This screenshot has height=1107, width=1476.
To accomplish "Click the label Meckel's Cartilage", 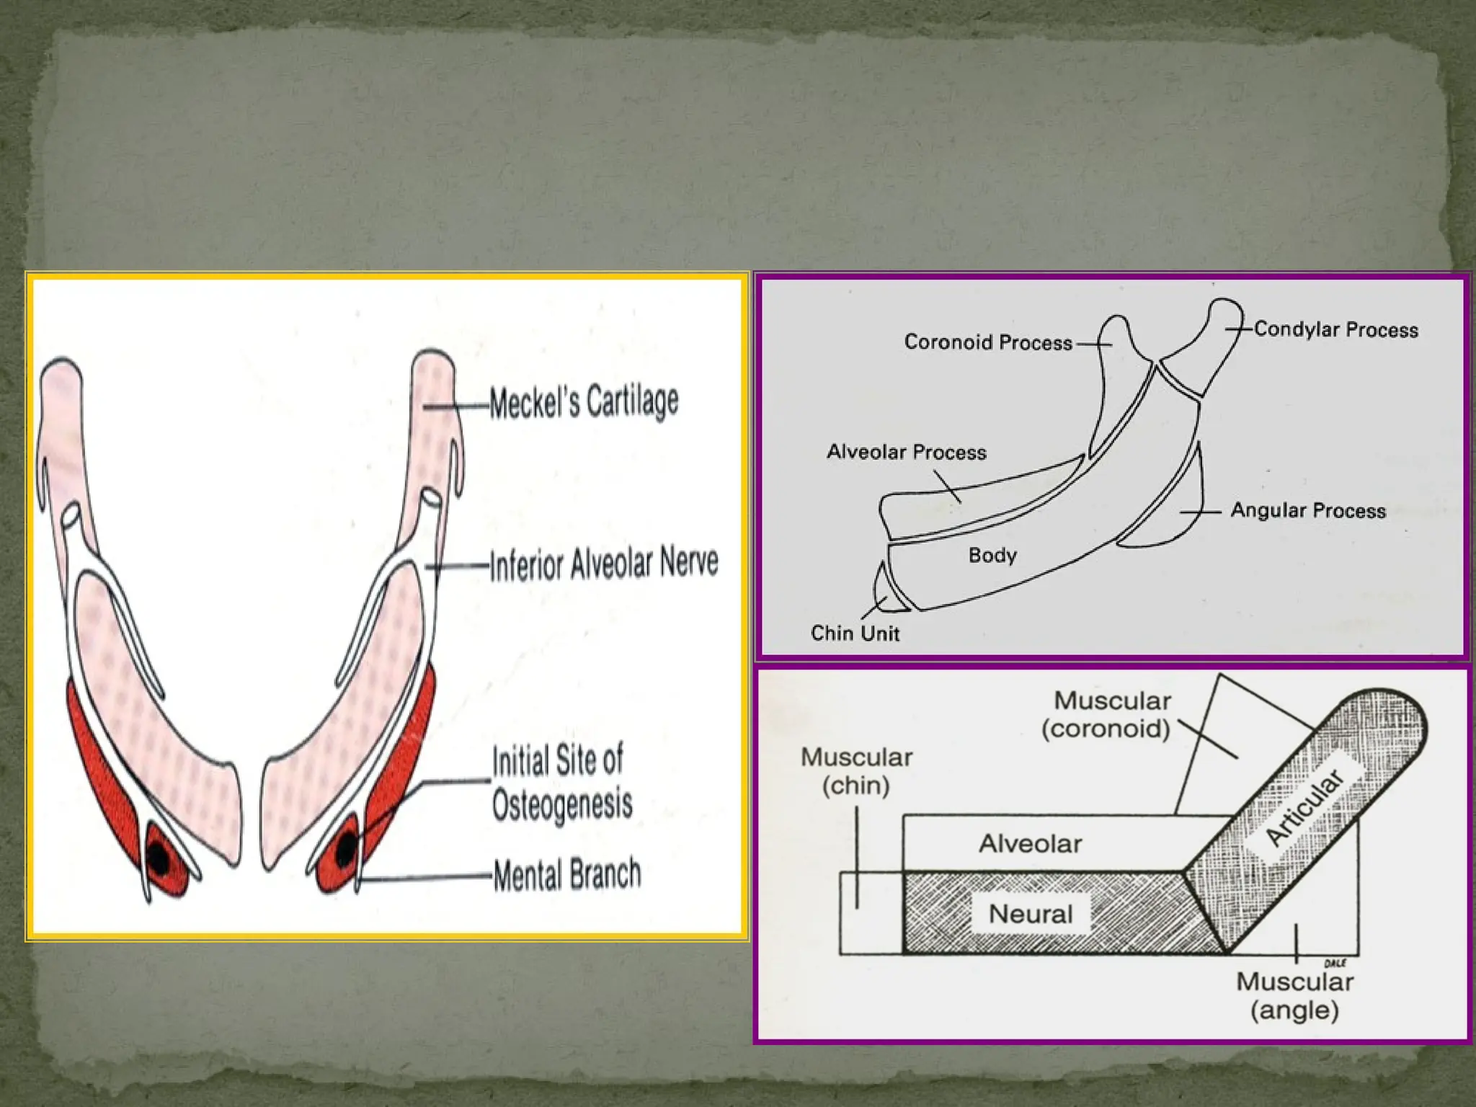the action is click(584, 401).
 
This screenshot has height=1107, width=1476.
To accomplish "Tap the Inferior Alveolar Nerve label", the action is click(604, 564).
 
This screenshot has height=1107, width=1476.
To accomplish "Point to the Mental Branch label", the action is click(567, 874).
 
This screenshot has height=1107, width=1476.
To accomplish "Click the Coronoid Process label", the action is click(987, 342).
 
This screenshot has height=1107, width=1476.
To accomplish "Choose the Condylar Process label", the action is click(1335, 329).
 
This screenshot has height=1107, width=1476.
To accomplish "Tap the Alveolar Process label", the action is click(906, 452).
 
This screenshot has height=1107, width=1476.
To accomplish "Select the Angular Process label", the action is click(1307, 510).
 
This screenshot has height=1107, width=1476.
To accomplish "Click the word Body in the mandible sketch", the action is click(992, 555).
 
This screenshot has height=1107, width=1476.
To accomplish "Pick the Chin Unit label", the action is click(855, 633).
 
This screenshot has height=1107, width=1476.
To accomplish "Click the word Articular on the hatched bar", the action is click(1305, 807).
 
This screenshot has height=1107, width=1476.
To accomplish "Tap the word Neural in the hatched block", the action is click(1031, 914).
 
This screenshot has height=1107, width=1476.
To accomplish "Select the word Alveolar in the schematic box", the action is click(1030, 843).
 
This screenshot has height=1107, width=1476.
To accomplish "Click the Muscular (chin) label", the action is click(856, 770).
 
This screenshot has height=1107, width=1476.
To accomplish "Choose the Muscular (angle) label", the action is click(1294, 995).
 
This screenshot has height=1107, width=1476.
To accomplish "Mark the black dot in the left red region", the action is click(159, 858).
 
